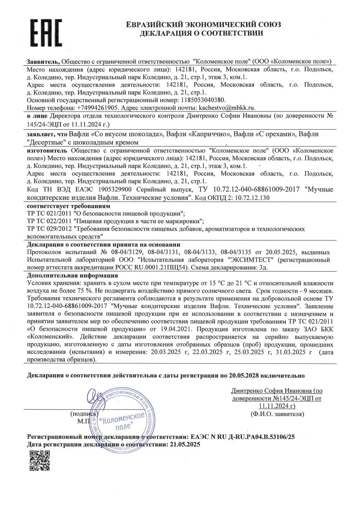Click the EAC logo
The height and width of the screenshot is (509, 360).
(46, 30)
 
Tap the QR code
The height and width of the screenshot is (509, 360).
(39, 461)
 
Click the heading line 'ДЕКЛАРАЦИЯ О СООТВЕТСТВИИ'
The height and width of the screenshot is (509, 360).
(202, 33)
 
